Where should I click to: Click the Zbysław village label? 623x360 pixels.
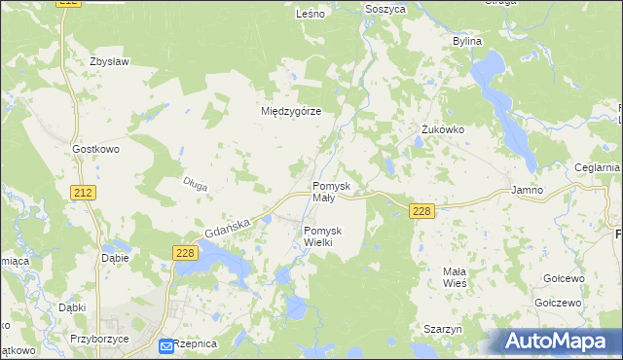(109, 61)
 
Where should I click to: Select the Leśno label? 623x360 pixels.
(310, 15)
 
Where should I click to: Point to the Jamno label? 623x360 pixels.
(527, 191)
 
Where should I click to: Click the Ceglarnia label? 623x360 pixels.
(597, 167)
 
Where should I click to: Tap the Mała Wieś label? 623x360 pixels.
(455, 276)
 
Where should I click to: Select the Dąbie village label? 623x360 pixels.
(116, 259)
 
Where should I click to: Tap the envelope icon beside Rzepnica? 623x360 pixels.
(166, 345)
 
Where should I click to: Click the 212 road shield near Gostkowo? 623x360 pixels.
(84, 194)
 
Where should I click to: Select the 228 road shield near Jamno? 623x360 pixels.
(421, 211)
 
